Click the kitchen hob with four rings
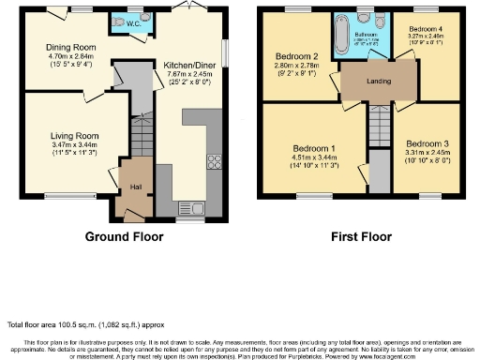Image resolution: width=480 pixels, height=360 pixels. (213, 159)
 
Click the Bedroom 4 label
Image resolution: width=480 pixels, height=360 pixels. (427, 29)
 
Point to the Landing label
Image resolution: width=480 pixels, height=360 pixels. (377, 81)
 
